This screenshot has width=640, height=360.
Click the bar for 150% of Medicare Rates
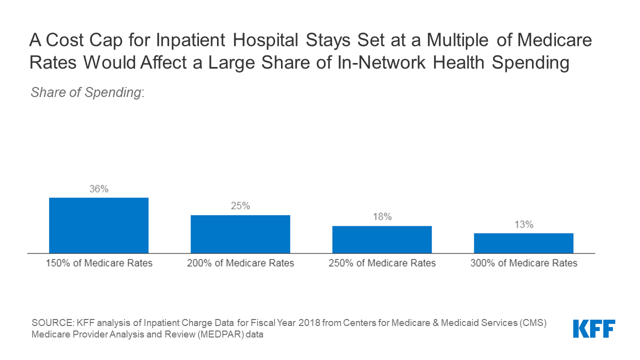(x=98, y=225)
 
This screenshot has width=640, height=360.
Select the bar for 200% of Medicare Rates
(x=240, y=234)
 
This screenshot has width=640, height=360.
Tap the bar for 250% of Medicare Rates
(x=382, y=239)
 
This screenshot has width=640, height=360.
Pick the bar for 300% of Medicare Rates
(x=523, y=243)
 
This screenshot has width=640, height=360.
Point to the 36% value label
(x=98, y=189)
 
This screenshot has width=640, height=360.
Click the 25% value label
(x=240, y=206)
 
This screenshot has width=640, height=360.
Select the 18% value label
(x=382, y=217)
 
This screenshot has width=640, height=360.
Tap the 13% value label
(x=523, y=224)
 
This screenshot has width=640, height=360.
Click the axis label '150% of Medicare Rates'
(x=98, y=263)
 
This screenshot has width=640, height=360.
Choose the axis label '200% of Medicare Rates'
(x=240, y=263)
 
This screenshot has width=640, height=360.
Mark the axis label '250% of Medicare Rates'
(x=382, y=263)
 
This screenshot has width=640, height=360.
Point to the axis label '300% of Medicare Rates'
(x=523, y=263)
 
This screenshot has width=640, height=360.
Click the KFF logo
(x=594, y=328)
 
